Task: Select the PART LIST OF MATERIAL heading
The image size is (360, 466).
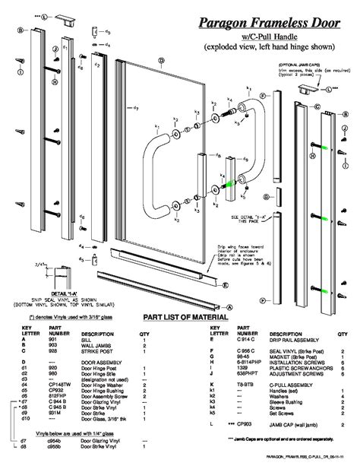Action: [179, 318]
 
